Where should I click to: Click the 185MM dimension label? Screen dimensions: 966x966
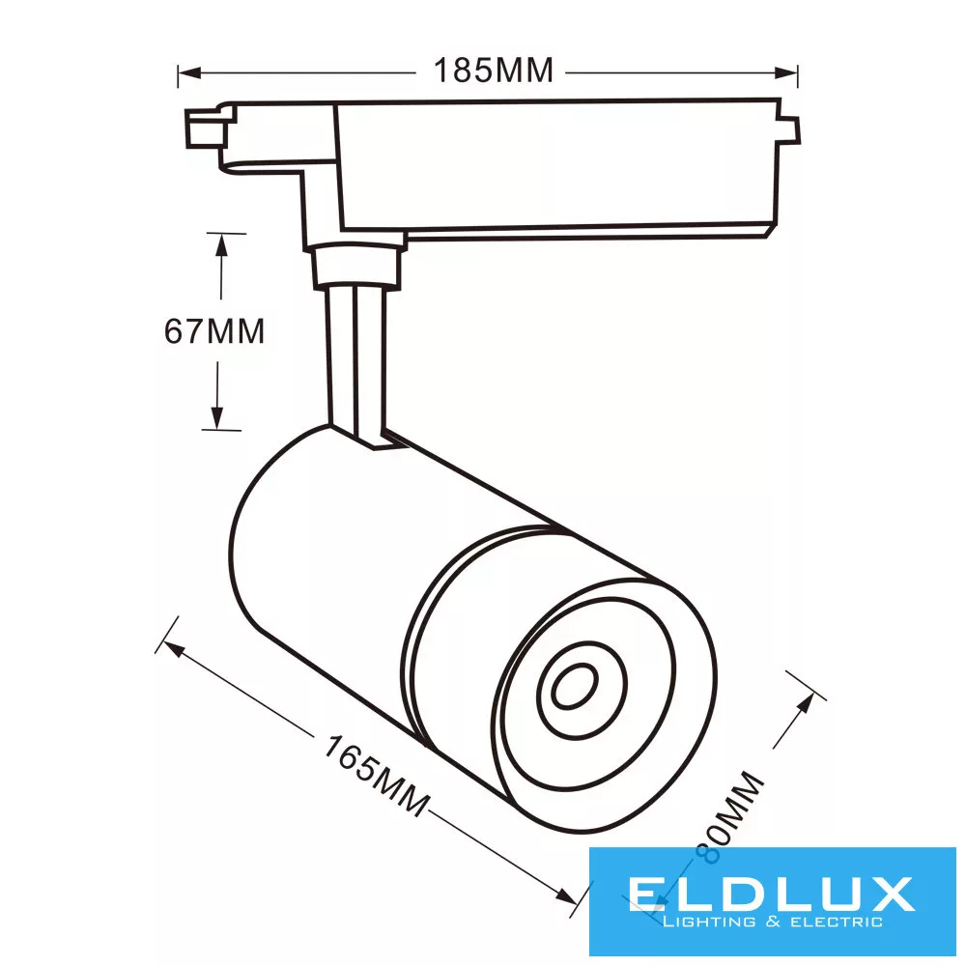494,71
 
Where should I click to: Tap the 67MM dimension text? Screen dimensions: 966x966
214,330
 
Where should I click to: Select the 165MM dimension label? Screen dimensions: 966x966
376,776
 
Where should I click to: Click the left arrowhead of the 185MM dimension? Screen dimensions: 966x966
189,72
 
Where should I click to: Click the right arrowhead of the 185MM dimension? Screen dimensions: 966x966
786,72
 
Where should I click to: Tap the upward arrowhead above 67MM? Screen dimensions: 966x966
221,244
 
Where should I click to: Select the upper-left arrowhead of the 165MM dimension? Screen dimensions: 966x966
173,649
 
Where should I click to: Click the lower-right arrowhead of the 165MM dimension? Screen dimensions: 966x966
566,895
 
